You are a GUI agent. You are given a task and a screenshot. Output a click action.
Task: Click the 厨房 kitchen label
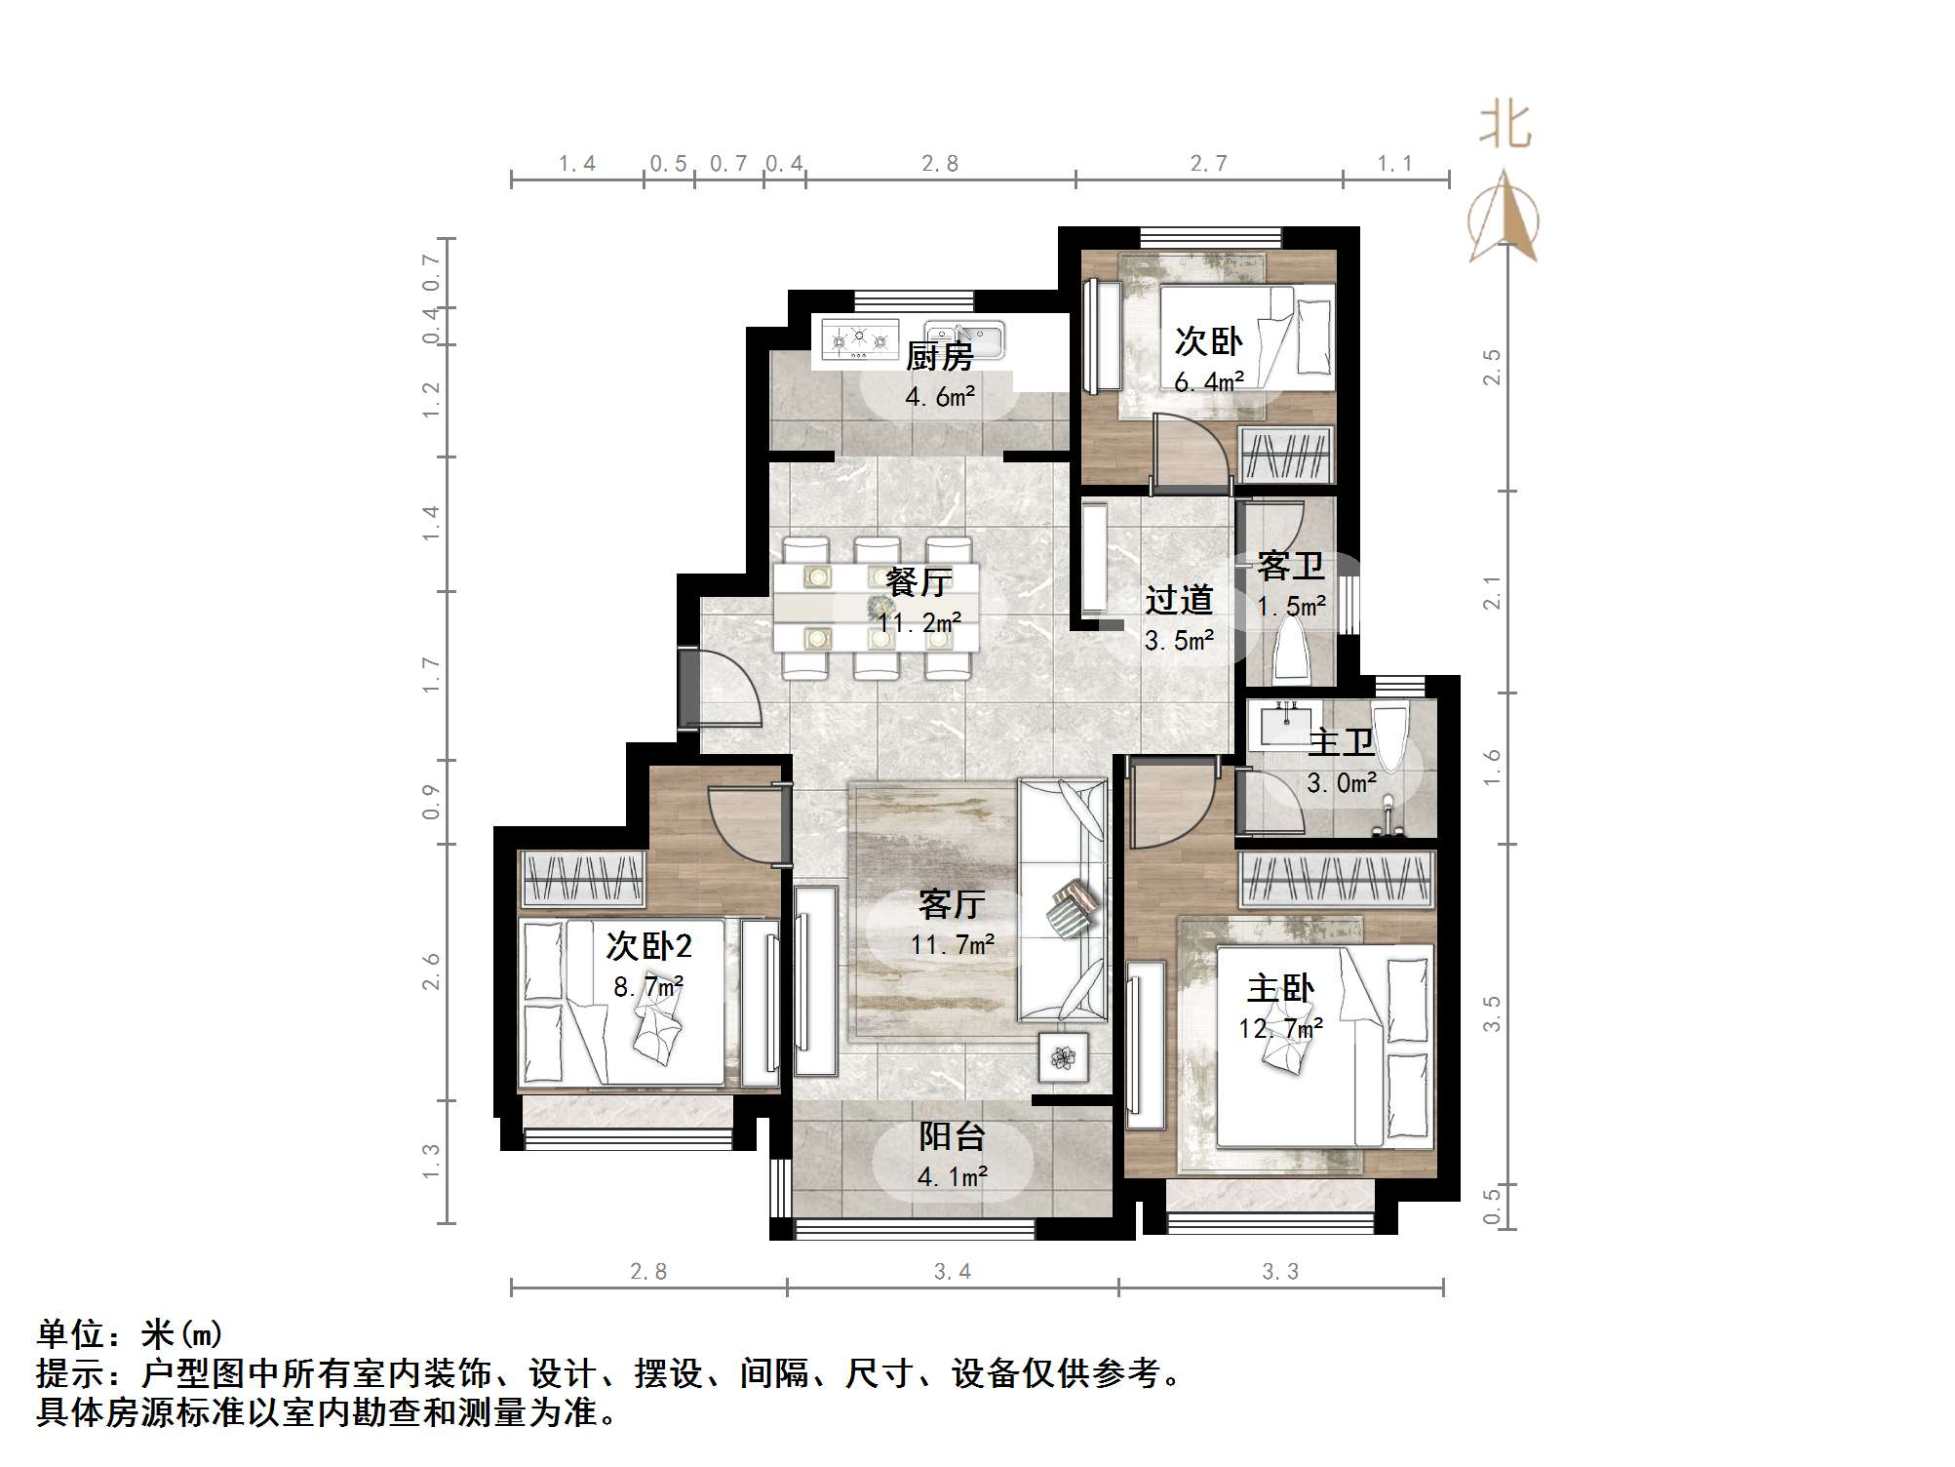[x=939, y=357]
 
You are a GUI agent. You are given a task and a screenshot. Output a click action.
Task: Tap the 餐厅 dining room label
[x=919, y=582]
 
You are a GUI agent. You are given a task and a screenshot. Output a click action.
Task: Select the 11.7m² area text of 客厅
[x=953, y=944]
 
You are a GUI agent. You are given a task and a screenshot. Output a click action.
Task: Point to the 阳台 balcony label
[x=952, y=1136]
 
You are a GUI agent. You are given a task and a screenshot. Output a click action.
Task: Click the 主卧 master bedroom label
[x=1280, y=989]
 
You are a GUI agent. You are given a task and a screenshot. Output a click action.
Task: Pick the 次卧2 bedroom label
[x=648, y=945]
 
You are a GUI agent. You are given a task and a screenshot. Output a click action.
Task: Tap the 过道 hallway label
[x=1179, y=600]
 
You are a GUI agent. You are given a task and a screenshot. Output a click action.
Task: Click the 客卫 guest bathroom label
[x=1290, y=566]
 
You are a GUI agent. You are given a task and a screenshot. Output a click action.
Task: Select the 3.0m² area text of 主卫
[x=1342, y=783]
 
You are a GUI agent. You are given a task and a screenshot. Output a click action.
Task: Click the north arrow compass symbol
[x=1505, y=219]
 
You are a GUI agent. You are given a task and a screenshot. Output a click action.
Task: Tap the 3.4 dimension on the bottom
[x=952, y=1272]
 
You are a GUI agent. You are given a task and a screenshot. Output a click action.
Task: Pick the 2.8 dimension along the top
[x=940, y=164]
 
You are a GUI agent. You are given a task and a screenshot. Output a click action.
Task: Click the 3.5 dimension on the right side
[x=1492, y=1014]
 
